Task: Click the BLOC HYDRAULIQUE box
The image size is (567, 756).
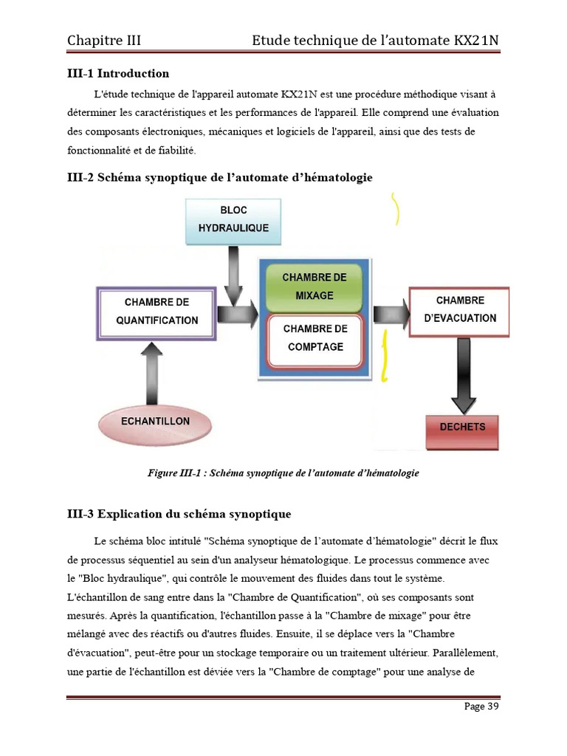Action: click(233, 219)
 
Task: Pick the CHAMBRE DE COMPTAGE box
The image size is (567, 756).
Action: click(314, 338)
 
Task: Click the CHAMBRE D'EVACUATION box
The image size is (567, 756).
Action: click(460, 310)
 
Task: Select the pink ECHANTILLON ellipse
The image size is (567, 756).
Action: click(154, 422)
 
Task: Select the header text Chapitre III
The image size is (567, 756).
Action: click(103, 40)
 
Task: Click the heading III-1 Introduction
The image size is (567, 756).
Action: click(118, 73)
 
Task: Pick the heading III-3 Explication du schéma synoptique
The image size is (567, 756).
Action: click(179, 514)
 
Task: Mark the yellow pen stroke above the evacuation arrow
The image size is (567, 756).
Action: click(397, 209)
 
